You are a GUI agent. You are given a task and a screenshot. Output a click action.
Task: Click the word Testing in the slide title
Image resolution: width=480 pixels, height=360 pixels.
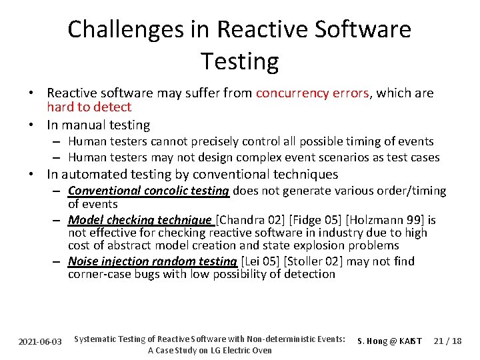[239, 61]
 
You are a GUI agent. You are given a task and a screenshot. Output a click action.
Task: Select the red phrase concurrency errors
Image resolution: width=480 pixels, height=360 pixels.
[312, 93]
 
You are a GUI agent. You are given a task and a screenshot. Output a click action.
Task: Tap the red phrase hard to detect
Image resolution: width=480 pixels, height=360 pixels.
[89, 107]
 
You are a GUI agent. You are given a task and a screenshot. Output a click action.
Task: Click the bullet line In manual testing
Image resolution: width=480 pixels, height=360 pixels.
[98, 125]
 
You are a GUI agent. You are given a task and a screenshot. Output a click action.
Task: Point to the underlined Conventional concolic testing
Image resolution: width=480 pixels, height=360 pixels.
[149, 191]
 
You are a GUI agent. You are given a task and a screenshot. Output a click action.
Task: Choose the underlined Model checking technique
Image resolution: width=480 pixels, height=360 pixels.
[139, 220]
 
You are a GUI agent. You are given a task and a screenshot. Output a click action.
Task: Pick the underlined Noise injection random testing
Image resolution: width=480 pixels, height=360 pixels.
[153, 261]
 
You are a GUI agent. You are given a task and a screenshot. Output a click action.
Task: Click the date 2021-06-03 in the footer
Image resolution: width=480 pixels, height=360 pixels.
[40, 341]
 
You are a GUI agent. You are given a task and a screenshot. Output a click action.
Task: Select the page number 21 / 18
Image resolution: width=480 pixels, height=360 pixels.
[447, 341]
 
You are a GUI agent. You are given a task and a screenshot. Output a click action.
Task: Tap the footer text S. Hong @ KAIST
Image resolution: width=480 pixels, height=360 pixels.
[390, 341]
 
